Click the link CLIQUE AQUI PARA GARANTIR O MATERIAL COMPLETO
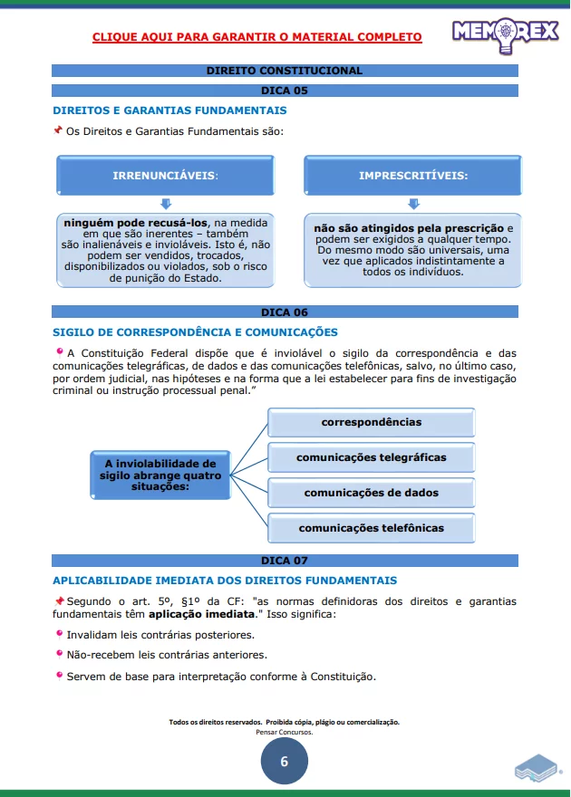[256, 37]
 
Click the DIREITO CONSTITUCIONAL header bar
[284, 71]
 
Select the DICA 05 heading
[284, 91]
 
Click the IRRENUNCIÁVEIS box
[165, 175]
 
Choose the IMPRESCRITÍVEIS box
[413, 175]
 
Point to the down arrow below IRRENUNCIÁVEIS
[165, 204]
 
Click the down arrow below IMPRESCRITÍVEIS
[413, 204]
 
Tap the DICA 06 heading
[284, 312]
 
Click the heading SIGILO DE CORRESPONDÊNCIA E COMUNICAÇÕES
[195, 332]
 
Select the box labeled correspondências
[371, 422]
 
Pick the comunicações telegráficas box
[371, 457]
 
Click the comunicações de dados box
[371, 493]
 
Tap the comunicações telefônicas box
[371, 528]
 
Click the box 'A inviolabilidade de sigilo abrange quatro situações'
[160, 475]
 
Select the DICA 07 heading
[284, 561]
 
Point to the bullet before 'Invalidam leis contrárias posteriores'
[59, 634]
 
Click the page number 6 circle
[284, 762]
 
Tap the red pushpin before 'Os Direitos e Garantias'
[58, 130]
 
